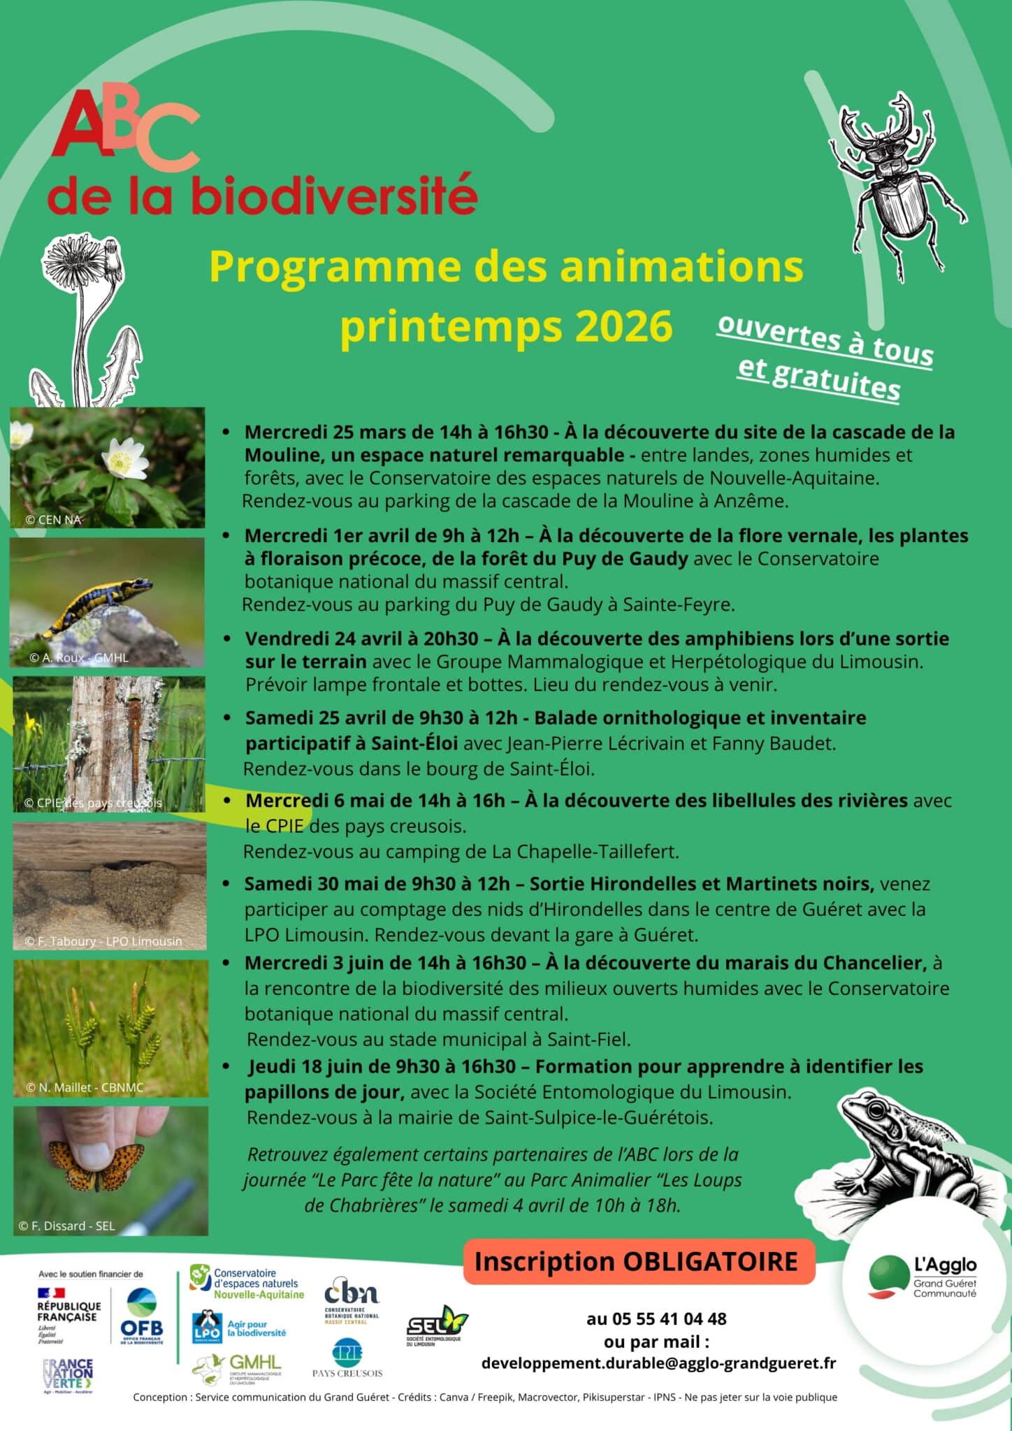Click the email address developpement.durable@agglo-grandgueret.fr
coord(658,1363)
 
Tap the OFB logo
coord(142,1317)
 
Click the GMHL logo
coord(238,1368)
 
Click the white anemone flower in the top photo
coord(124,460)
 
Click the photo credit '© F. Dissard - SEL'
coord(66,1226)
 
